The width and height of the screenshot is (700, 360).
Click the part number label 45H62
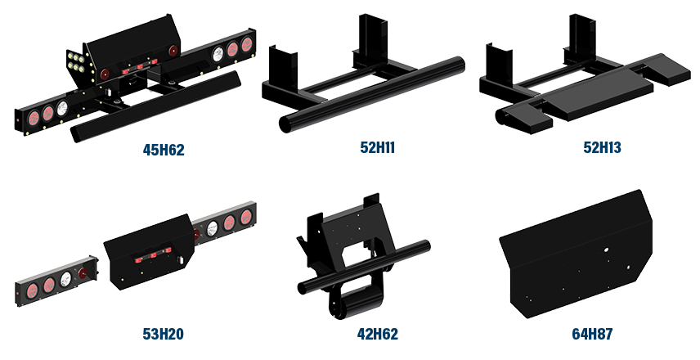(164, 150)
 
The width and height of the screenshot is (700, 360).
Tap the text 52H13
(602, 148)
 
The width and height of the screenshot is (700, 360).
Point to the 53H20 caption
(162, 334)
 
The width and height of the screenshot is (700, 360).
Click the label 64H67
(592, 334)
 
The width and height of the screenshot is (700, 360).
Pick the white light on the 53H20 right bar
(212, 228)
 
